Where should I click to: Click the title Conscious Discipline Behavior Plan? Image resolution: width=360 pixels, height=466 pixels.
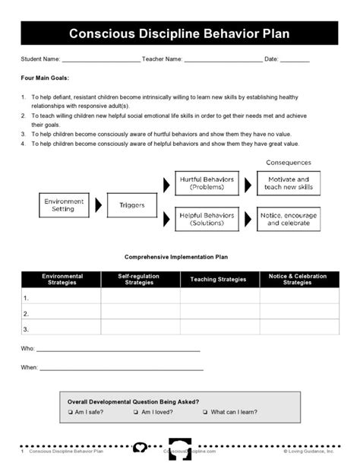click(179, 34)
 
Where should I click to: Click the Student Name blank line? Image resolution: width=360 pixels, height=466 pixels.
click(100, 61)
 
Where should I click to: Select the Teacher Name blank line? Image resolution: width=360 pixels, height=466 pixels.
click(223, 61)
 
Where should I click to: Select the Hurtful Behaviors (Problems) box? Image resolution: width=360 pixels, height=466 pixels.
click(206, 183)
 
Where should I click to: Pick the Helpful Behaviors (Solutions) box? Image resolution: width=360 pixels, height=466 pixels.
click(206, 219)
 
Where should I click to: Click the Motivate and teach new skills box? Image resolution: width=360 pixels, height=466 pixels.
click(289, 183)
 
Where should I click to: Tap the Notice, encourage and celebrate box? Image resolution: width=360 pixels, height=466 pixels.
click(289, 219)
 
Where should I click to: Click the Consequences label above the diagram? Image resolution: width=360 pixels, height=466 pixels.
click(289, 163)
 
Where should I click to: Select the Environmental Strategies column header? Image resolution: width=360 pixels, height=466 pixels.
click(62, 279)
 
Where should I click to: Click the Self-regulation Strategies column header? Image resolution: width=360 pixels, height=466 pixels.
click(140, 279)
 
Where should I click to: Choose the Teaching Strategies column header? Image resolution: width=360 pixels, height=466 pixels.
click(219, 279)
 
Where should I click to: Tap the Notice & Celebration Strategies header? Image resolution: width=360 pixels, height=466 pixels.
click(297, 279)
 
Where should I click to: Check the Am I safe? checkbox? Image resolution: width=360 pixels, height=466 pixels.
click(70, 412)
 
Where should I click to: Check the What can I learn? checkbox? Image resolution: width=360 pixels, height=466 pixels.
click(206, 412)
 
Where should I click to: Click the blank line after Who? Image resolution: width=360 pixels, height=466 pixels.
click(118, 350)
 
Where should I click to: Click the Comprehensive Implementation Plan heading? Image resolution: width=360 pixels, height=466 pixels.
click(179, 258)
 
